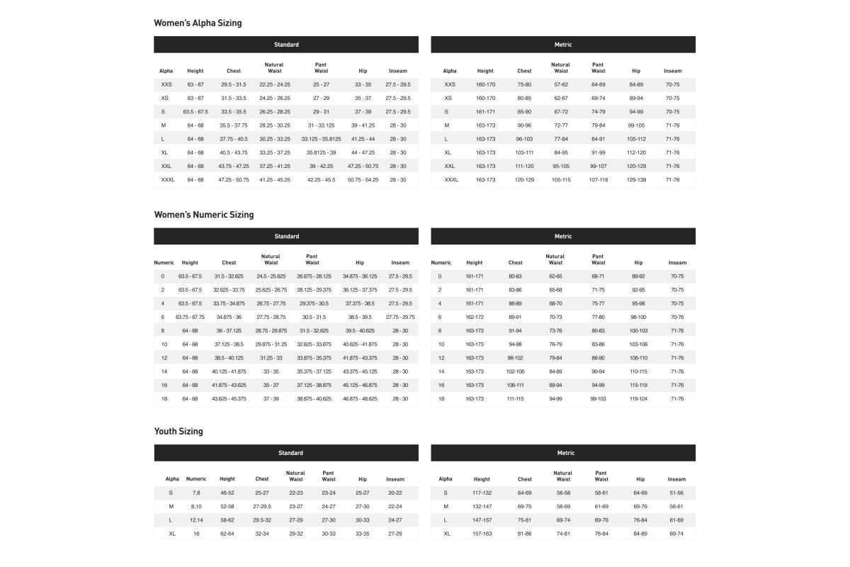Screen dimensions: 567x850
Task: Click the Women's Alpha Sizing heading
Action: click(x=198, y=23)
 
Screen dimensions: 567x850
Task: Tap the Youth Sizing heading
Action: click(x=178, y=431)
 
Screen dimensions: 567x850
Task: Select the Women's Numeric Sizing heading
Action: click(x=203, y=215)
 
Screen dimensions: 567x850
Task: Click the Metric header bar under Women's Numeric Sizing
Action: click(x=563, y=236)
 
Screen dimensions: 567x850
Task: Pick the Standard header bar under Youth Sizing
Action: click(x=286, y=453)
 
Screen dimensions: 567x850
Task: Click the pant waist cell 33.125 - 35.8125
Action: click(x=321, y=139)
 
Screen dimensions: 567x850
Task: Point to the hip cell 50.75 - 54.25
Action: click(x=363, y=180)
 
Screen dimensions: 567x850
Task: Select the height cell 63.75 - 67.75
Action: click(x=190, y=317)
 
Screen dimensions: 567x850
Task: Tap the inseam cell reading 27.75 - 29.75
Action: click(x=400, y=317)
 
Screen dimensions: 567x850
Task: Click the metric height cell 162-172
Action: click(x=475, y=317)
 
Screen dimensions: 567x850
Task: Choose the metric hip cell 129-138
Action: click(x=636, y=180)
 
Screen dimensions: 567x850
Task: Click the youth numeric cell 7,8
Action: click(x=196, y=493)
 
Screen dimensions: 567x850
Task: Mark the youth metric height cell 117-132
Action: click(x=482, y=493)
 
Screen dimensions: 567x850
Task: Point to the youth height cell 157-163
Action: click(x=482, y=533)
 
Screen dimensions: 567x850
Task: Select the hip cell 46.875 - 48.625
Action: click(x=360, y=399)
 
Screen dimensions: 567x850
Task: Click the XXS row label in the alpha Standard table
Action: click(x=166, y=84)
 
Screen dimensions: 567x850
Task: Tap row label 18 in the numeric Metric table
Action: click(x=441, y=399)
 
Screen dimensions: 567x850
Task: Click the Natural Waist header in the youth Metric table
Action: click(x=563, y=476)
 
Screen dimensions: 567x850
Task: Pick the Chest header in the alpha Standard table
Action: click(x=234, y=71)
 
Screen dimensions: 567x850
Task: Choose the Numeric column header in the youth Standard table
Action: click(x=196, y=479)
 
